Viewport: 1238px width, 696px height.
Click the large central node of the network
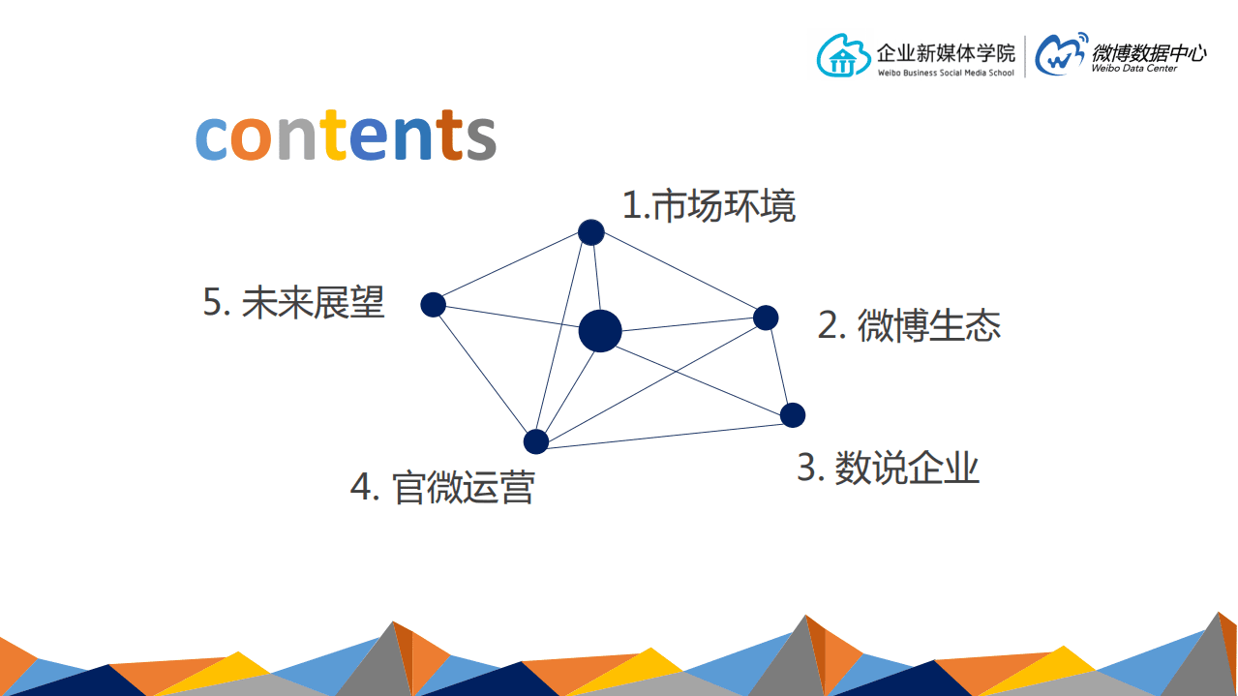click(x=600, y=331)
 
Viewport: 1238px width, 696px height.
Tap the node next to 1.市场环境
click(x=591, y=232)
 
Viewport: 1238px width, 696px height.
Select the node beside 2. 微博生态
click(x=766, y=318)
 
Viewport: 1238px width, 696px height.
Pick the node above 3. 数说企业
click(x=793, y=415)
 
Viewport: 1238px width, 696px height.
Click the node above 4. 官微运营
click(x=536, y=441)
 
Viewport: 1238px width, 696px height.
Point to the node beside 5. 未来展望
click(x=433, y=305)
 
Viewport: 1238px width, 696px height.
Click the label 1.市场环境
click(x=709, y=206)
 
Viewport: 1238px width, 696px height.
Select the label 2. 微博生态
click(x=909, y=326)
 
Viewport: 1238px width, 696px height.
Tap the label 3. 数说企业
click(x=888, y=468)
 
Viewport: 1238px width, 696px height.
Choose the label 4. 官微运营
click(x=442, y=487)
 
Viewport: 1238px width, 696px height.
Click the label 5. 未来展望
click(x=293, y=303)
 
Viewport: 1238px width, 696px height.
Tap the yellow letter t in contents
click(x=335, y=135)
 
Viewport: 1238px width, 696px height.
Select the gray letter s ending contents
click(x=480, y=138)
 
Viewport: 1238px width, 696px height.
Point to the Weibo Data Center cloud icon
click(x=1061, y=55)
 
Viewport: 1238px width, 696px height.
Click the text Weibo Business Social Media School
click(x=946, y=74)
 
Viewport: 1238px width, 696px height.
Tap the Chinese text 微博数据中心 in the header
click(x=1148, y=52)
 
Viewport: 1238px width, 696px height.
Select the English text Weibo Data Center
click(x=1133, y=69)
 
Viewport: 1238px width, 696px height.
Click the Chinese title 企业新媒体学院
click(x=946, y=52)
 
